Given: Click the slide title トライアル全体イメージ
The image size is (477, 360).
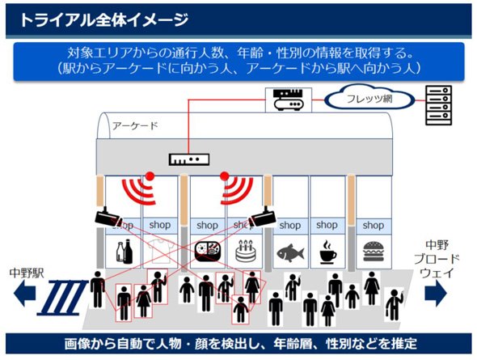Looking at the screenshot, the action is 103,20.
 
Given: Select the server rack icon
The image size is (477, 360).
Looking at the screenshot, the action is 438,105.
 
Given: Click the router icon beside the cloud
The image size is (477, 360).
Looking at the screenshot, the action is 289,100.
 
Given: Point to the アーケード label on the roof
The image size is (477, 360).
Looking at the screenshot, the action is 135,125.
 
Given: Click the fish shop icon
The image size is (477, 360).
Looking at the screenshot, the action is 290,252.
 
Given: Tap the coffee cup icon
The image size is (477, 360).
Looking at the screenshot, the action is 328,252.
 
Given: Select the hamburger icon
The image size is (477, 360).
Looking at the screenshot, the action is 374,252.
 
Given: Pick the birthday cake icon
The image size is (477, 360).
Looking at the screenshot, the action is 245,252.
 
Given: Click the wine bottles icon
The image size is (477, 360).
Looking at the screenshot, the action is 125,251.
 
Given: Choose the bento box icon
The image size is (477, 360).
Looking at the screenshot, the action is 208,252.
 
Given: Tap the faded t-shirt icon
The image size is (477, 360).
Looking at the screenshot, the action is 159,251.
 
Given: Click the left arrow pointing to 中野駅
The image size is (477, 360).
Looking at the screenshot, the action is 24,293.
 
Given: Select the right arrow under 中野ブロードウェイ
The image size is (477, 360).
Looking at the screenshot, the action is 436,293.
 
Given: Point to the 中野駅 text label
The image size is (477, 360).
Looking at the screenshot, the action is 27,273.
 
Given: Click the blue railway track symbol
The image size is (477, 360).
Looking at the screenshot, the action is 63,299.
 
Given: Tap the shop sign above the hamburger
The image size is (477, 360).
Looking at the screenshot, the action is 374,226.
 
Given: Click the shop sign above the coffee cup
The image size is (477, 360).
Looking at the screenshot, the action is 327,225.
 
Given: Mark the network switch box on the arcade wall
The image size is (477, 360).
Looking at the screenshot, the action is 189,159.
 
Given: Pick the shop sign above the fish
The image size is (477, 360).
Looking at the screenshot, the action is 290,226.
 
